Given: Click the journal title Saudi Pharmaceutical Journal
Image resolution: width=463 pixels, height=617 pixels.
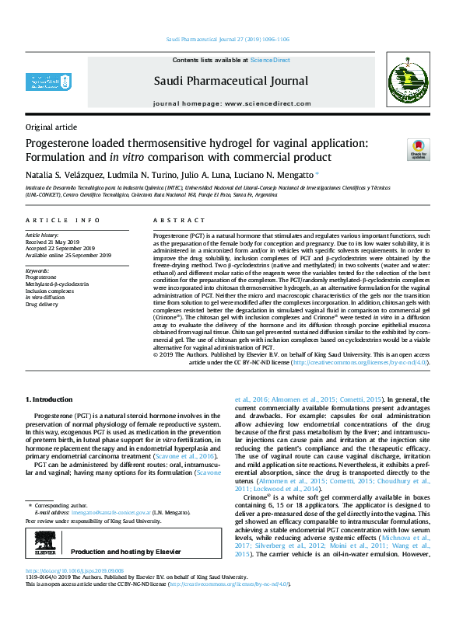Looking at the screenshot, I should (x=230, y=81).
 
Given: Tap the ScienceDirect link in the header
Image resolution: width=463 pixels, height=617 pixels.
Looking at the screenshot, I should (x=271, y=60).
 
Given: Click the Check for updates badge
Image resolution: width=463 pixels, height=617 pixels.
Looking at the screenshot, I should (x=419, y=150).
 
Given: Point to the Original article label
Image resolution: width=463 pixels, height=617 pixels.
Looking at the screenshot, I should (x=51, y=127).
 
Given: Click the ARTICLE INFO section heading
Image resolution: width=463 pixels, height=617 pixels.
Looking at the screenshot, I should (x=62, y=221).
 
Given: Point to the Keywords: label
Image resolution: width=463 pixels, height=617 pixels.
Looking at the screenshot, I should (x=39, y=270).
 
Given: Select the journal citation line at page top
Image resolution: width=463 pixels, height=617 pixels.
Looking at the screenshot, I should (x=231, y=38).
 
